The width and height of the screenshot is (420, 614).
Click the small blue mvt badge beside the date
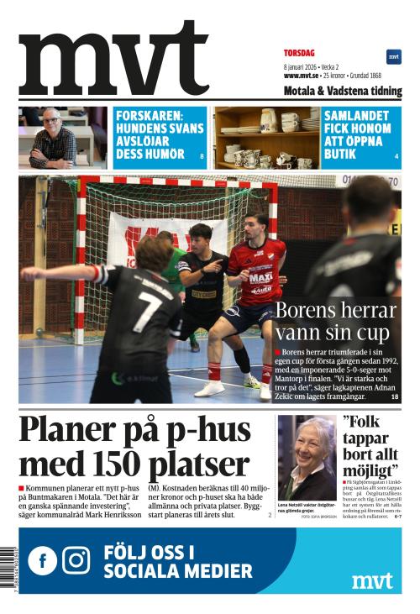[x=393, y=56]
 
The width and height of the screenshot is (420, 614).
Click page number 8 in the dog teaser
[x=202, y=157]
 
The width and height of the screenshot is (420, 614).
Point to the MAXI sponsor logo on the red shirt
[x=260, y=276]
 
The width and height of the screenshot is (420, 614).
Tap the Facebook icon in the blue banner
[x=42, y=560]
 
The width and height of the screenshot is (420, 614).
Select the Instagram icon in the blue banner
[x=76, y=560]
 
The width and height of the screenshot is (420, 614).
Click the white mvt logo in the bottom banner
[x=372, y=580]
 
